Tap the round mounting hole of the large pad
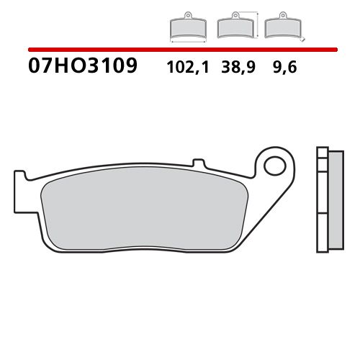pyautogui.click(x=275, y=167)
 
